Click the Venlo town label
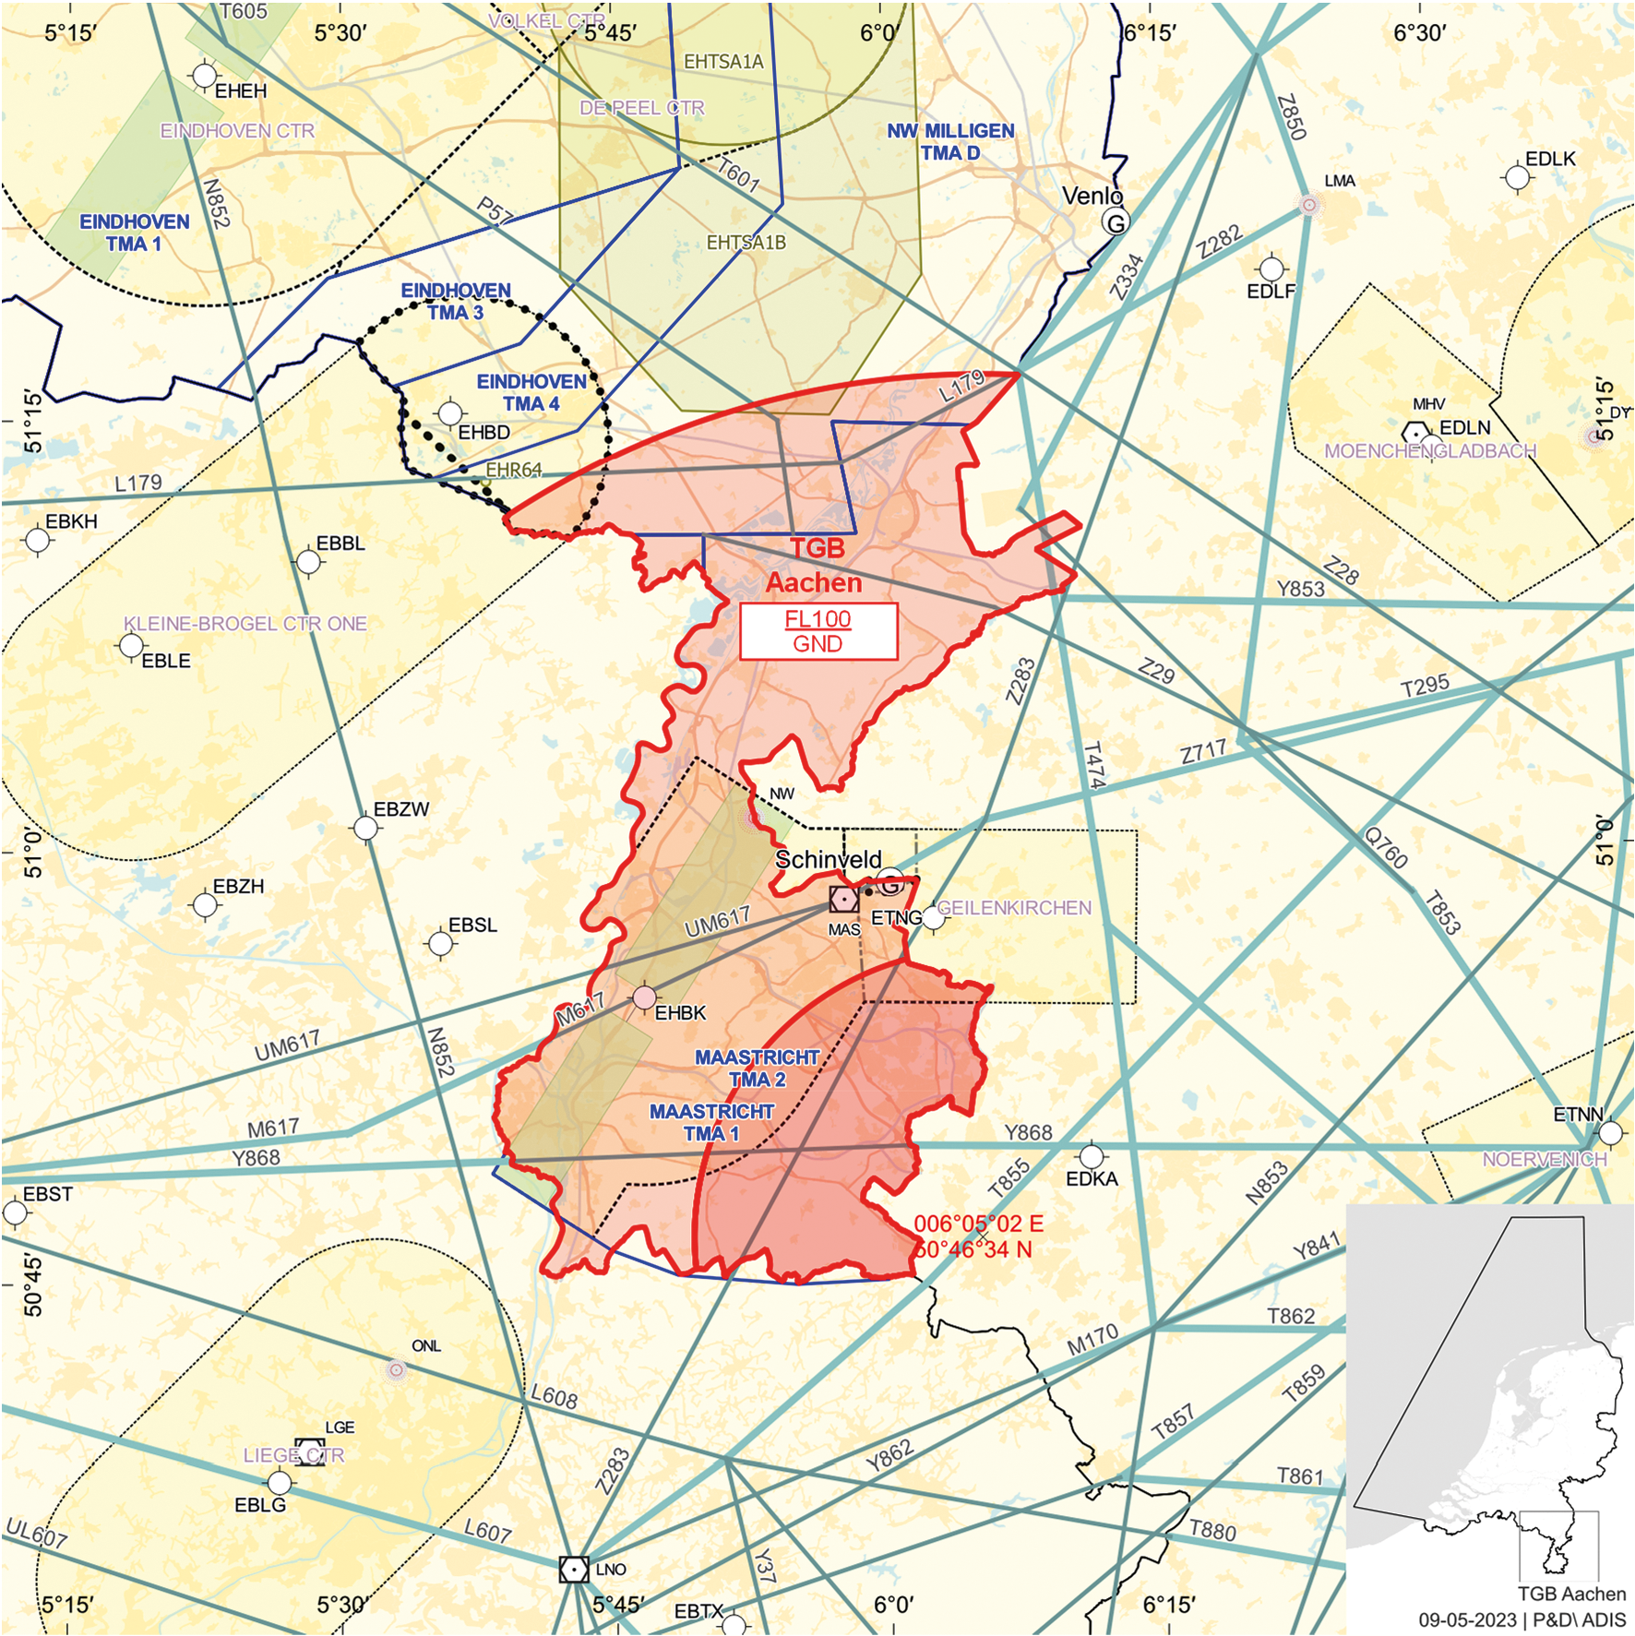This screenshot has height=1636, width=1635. click(1092, 196)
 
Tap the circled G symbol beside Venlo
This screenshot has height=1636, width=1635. click(1116, 222)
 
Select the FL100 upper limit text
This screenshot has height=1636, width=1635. click(817, 619)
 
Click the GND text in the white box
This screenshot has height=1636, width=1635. click(817, 644)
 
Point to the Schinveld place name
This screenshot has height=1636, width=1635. click(828, 859)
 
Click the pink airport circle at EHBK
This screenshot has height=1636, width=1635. click(644, 997)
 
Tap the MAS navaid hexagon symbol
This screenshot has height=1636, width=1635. click(843, 899)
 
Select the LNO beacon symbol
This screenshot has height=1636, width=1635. click(574, 1569)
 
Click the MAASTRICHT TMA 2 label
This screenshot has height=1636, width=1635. click(757, 1069)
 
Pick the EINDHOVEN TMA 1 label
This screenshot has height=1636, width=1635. click(134, 233)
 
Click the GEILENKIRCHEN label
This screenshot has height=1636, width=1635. click(1014, 908)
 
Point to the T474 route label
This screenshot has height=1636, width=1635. click(1092, 764)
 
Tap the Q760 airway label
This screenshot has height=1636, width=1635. click(1386, 848)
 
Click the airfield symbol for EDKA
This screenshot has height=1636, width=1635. click(1092, 1156)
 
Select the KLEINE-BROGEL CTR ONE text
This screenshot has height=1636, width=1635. click(245, 624)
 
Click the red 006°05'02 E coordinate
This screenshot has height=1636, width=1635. click(978, 1224)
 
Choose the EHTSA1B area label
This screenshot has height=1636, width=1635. click(746, 243)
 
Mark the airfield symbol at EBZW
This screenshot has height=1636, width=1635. click(366, 828)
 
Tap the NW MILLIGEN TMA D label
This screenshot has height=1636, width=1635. click(950, 142)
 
